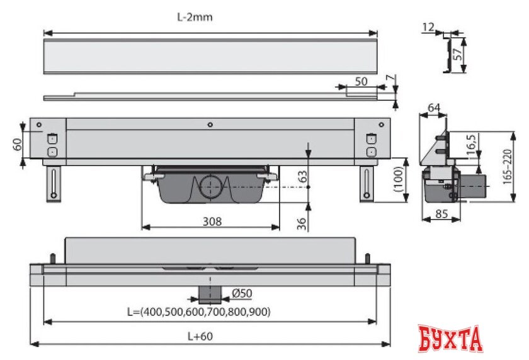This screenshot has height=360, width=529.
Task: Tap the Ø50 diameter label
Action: pyautogui.click(x=242, y=294)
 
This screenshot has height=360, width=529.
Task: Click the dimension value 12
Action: pyautogui.click(x=429, y=26)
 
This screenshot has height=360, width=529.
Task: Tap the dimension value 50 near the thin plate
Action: pyautogui.click(x=361, y=81)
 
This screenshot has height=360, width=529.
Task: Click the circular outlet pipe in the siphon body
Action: pyautogui.click(x=210, y=187)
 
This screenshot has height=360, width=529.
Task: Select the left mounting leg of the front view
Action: pyautogui.click(x=55, y=183)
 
